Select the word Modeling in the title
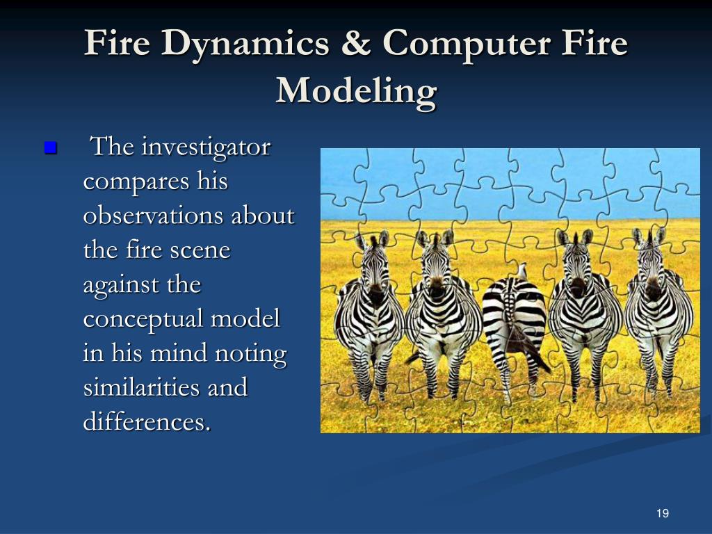(x=356, y=91)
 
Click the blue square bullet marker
(x=49, y=148)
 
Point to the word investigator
(x=205, y=147)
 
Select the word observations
(x=155, y=216)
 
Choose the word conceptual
(x=143, y=320)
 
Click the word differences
(x=145, y=422)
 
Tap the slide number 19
(x=662, y=514)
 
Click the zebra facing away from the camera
(x=515, y=320)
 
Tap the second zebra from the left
(x=438, y=313)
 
